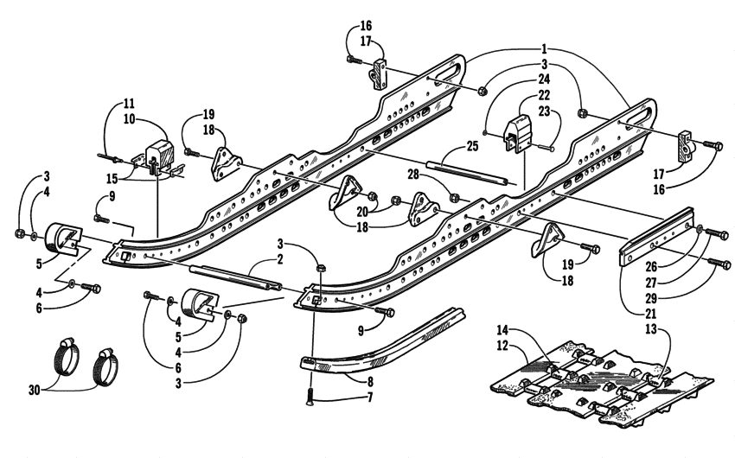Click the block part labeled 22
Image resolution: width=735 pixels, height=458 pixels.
pos(520,134)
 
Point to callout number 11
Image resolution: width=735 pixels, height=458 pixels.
pos(130,101)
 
